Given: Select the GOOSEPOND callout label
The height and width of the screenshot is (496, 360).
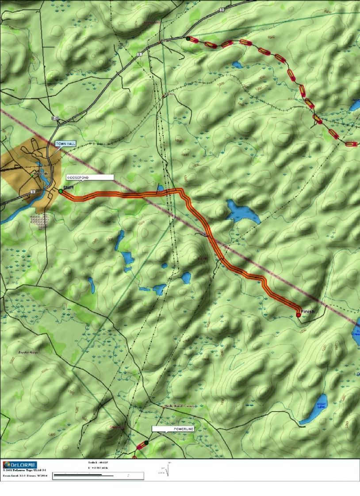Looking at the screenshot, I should pos(90,177).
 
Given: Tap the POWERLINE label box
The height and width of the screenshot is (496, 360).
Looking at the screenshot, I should pos(173,429).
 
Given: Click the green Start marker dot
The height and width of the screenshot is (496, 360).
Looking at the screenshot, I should pos(61,191).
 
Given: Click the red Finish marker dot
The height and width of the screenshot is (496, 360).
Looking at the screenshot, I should pos(299,315).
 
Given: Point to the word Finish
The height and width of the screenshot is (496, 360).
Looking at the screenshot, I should pos(308,312).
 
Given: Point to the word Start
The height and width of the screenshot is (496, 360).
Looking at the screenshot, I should pos(68,188).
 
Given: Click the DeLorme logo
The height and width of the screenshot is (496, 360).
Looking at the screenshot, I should pos(20,465).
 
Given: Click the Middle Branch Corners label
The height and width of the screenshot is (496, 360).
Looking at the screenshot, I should pos(179,406).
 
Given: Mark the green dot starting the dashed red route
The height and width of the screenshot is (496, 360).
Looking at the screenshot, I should pos(188,39).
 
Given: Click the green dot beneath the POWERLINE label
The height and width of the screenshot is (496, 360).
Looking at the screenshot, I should pos(146,443).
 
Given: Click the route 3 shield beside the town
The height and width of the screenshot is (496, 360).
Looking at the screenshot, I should pos(33,192).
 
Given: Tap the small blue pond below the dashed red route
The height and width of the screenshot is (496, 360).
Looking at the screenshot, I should pos(237,65).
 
